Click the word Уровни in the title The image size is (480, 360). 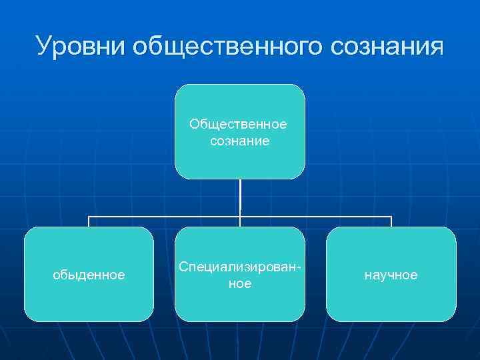[x=80, y=47]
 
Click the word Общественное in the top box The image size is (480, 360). [x=238, y=125]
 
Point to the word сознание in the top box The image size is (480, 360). [x=239, y=141]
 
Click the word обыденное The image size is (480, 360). [x=89, y=275]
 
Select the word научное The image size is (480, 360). [x=391, y=275]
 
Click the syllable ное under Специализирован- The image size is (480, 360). [x=239, y=283]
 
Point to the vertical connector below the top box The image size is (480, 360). [x=240, y=197]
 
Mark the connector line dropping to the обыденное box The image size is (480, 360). [x=89, y=221]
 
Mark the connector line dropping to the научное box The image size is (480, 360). [x=391, y=221]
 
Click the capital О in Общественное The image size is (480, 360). [x=194, y=125]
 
